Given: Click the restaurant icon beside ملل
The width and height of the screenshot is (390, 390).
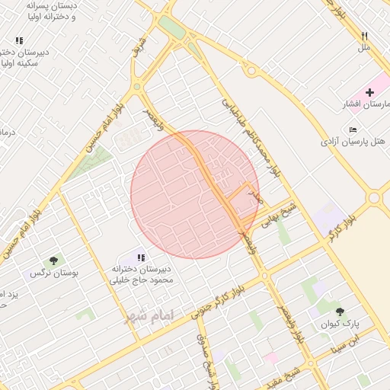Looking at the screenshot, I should tap(365, 36).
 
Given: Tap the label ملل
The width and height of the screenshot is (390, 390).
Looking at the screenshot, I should tap(364, 47).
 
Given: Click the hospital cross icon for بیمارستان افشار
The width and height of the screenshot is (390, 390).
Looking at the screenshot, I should tap(369, 92).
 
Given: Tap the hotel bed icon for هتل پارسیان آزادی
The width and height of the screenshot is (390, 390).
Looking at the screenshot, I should tap(351, 129).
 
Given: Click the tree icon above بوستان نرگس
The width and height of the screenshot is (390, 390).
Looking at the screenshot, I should tap(53, 261).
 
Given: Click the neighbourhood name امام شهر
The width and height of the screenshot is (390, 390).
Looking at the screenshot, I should tap(150, 315).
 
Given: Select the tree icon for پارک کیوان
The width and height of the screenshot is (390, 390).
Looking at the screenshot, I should tap(340, 311).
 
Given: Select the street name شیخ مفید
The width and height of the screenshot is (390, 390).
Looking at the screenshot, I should tap(290, 374).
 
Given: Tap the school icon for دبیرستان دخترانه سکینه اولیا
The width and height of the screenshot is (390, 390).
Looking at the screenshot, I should tap(19, 40).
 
